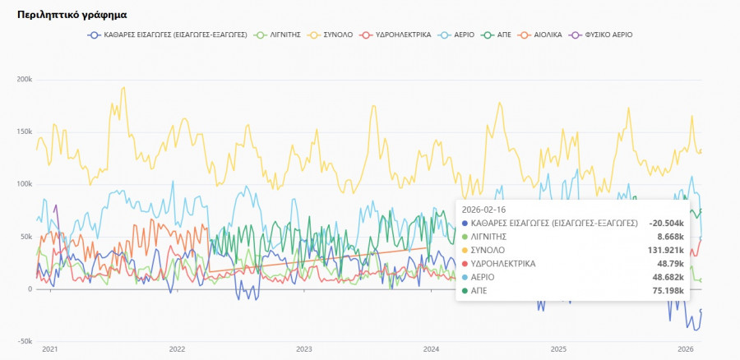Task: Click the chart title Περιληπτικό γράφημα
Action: coord(72,15)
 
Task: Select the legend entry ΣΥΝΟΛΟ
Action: coord(338,35)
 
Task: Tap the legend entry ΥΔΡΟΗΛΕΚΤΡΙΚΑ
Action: coord(402,35)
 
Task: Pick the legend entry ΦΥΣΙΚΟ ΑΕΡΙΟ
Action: coord(607,35)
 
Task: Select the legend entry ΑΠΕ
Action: coord(502,35)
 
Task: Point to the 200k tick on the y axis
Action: coord(24,80)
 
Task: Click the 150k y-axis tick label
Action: coord(24,132)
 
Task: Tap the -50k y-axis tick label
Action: coord(24,341)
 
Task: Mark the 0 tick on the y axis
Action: coord(30,289)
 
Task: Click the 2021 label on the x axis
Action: coord(49,349)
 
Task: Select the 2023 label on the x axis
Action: coord(303,349)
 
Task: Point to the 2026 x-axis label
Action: coord(685,349)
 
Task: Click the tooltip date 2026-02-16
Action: coord(485,209)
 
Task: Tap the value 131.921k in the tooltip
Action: coord(666,250)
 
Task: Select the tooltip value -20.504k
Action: coord(666,222)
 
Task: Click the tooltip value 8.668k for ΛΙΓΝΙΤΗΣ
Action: coord(670,236)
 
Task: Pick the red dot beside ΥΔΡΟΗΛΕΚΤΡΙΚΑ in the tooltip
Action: coord(465,264)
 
